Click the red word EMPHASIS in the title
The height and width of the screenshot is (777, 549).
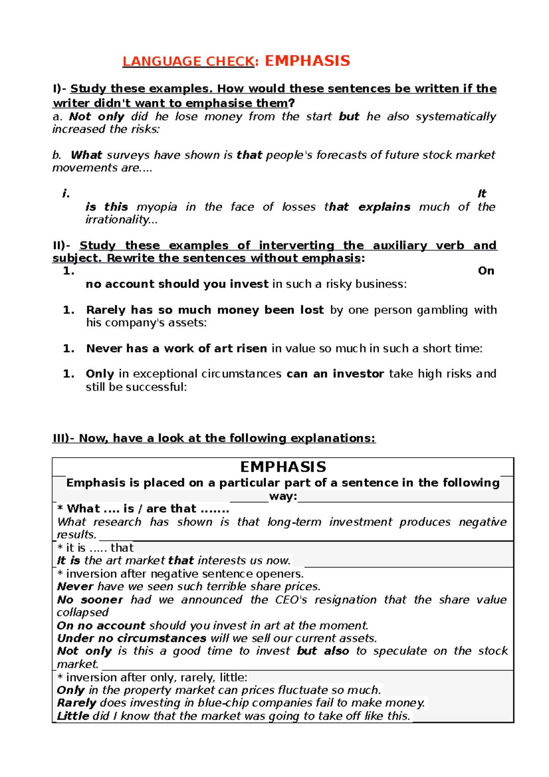pyautogui.click(x=307, y=61)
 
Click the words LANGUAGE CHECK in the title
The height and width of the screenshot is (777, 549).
pyautogui.click(x=188, y=61)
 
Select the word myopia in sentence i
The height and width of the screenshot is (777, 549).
pyautogui.click(x=156, y=207)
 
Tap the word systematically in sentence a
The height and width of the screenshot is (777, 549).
pyautogui.click(x=456, y=117)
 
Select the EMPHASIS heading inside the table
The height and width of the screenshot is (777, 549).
pyautogui.click(x=283, y=467)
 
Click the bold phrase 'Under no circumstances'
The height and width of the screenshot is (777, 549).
pyautogui.click(x=132, y=638)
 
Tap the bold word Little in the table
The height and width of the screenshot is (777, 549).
pyautogui.click(x=73, y=716)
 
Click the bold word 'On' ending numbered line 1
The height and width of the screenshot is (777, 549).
pyautogui.click(x=486, y=271)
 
